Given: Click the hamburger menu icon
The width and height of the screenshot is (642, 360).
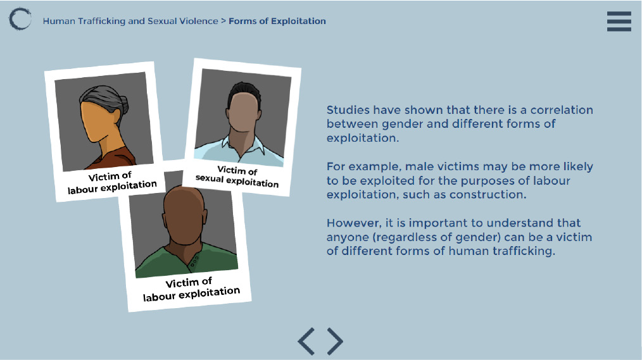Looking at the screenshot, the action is pos(619,22).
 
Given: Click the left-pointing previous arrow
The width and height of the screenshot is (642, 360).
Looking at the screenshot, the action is pos(306,341).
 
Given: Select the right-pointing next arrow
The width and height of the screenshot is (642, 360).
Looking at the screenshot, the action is pos(335,341).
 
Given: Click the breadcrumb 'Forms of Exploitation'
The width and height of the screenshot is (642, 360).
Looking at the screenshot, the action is pos(277,21).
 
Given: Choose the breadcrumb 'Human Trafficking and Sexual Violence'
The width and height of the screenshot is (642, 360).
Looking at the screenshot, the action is pos(130,21).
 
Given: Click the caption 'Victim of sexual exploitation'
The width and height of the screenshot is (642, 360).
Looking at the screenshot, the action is pos(237,177).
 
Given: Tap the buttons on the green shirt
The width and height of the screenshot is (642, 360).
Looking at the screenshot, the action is pos(195,260).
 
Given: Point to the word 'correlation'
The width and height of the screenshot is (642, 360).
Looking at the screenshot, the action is pos(562,110).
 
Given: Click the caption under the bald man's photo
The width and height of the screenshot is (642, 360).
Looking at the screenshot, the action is pos(191,289).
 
